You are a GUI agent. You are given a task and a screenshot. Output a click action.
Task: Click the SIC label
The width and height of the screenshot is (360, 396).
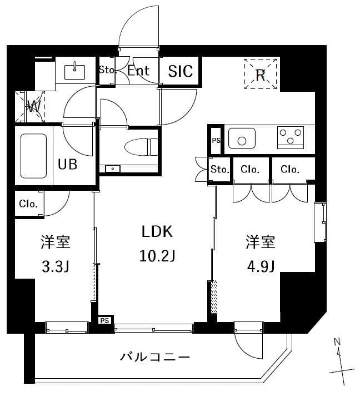click(x=181, y=71)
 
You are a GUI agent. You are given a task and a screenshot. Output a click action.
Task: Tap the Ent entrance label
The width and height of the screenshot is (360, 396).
click(x=138, y=71)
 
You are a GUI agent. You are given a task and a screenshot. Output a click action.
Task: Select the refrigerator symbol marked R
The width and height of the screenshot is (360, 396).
click(x=261, y=75)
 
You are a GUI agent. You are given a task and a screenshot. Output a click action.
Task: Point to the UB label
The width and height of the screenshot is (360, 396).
click(x=68, y=164)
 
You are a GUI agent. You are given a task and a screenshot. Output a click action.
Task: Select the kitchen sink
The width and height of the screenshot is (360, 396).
click(x=242, y=137)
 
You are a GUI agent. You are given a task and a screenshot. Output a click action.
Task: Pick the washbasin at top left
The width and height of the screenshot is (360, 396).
click(x=74, y=71)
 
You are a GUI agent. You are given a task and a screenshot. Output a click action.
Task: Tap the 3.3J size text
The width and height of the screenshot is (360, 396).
click(x=55, y=267)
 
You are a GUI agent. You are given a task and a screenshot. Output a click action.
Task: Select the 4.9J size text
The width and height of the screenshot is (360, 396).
click(x=261, y=267)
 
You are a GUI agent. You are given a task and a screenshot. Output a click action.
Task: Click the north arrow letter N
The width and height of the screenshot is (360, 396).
click(x=337, y=343)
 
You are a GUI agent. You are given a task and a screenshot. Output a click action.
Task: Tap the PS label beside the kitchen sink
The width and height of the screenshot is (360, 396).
click(x=216, y=141)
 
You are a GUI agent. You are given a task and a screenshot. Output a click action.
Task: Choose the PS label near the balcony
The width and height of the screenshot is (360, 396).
click(x=104, y=320)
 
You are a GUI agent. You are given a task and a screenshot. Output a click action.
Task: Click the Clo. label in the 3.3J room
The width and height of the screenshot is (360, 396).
click(x=28, y=204)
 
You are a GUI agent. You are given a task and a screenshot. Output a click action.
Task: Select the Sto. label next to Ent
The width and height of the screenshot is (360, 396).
click(x=107, y=71)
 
